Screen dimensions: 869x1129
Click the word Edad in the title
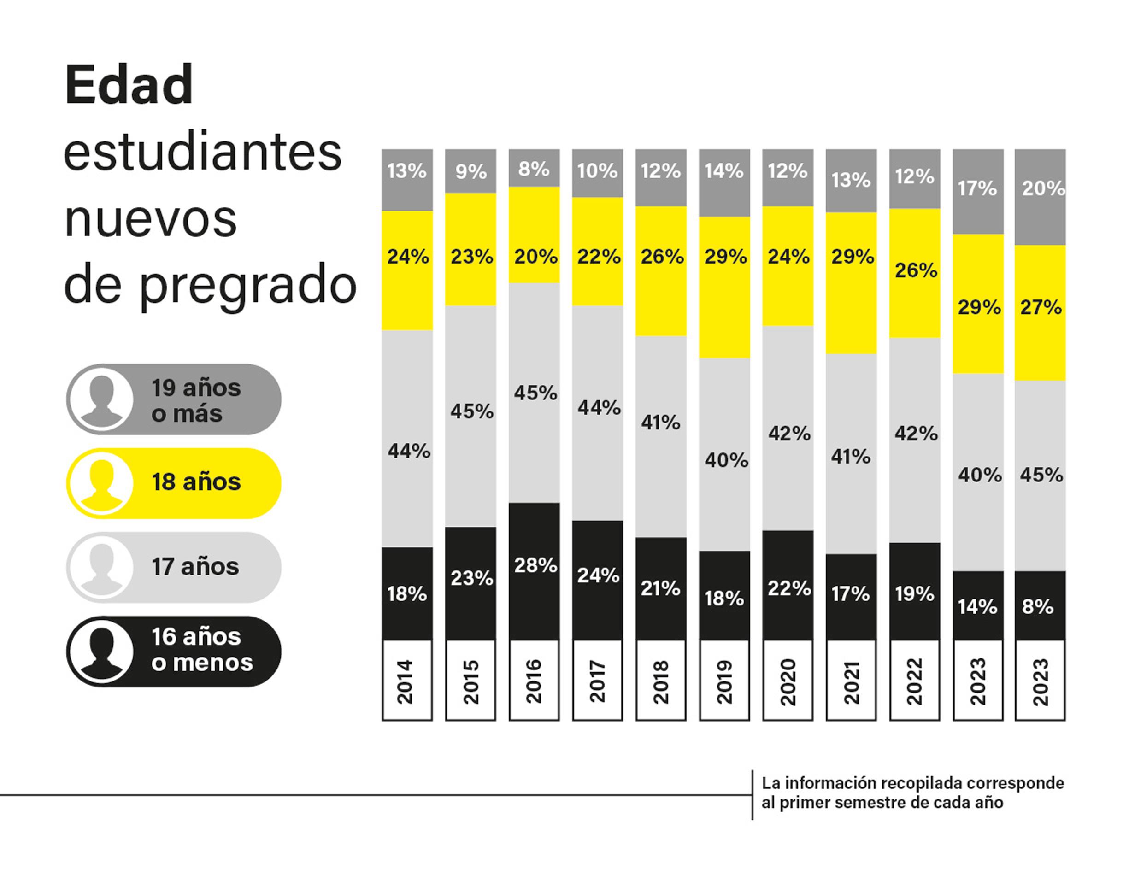coord(129,85)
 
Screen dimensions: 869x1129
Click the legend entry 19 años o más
coord(174,399)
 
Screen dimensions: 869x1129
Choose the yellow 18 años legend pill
coord(174,483)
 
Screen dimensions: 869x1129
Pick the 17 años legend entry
coord(174,567)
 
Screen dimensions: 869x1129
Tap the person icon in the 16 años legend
coord(101,652)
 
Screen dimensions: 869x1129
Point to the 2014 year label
coord(407,680)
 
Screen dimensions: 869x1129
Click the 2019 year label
coord(724,680)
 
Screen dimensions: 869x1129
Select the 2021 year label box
coord(851,680)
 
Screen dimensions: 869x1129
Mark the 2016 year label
coord(534,680)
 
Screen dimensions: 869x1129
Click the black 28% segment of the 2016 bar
coord(534,571)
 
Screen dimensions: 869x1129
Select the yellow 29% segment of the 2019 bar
coord(724,287)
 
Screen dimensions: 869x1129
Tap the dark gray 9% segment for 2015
coord(470,171)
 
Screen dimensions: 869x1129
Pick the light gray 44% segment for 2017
coord(598,412)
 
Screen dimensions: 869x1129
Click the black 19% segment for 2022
coord(914,591)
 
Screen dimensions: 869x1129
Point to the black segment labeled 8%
coord(1040,605)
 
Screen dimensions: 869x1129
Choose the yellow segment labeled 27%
coord(1040,312)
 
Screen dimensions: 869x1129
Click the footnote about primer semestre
coord(912,793)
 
